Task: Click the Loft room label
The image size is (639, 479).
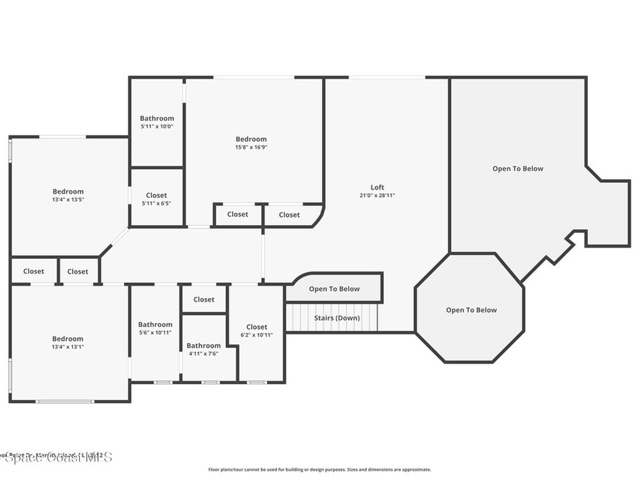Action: tap(377, 187)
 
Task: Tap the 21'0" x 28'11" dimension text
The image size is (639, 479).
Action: tap(377, 195)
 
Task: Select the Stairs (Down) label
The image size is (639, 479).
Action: tap(336, 318)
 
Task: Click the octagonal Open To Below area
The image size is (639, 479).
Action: tap(471, 310)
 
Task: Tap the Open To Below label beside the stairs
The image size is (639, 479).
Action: tap(334, 289)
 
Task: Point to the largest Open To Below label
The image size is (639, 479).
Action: tap(518, 168)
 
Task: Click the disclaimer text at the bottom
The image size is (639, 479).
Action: tap(319, 470)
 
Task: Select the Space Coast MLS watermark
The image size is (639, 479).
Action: tap(56, 457)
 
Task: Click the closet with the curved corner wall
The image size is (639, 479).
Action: tap(289, 215)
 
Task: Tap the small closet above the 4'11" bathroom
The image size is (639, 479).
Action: tap(203, 299)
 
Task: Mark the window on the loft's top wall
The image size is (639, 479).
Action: tap(387, 77)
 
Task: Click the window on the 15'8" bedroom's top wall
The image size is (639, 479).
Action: tap(253, 77)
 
